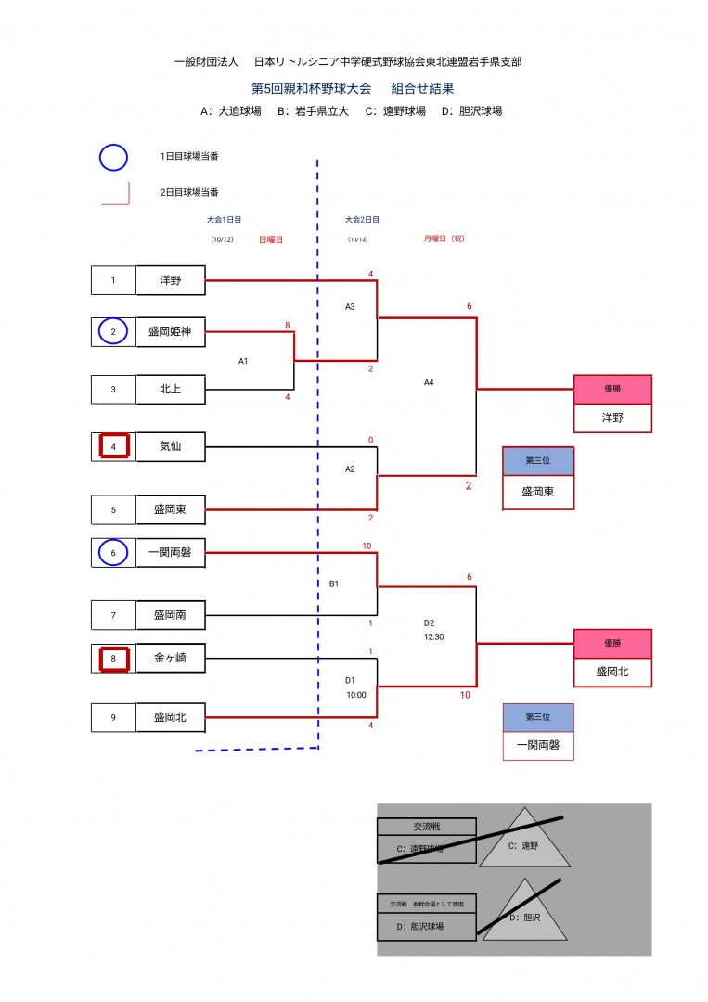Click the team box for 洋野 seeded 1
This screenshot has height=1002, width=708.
point(170,280)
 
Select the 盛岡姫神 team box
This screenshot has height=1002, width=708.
point(170,331)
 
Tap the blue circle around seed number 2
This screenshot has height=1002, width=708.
point(113,331)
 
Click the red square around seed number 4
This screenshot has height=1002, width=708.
point(113,446)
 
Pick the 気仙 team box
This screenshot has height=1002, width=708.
point(170,446)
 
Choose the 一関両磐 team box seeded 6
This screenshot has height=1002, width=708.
point(170,553)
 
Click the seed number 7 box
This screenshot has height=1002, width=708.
point(113,614)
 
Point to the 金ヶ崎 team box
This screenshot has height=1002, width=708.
point(170,658)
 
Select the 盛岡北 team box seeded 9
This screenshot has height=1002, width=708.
point(170,716)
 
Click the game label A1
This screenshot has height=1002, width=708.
point(243,361)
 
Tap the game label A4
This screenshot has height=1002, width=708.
point(429,381)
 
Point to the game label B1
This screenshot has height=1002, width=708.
point(334,584)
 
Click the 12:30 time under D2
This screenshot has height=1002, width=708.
point(435,637)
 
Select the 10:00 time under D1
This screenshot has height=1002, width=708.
point(356,694)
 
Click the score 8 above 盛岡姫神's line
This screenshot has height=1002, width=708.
point(288,325)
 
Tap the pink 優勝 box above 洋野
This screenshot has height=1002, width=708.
point(612,390)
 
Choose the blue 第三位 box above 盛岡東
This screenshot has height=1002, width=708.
point(538,461)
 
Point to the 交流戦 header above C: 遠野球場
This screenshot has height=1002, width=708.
point(426,827)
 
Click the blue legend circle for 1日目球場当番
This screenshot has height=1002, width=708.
point(113,157)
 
